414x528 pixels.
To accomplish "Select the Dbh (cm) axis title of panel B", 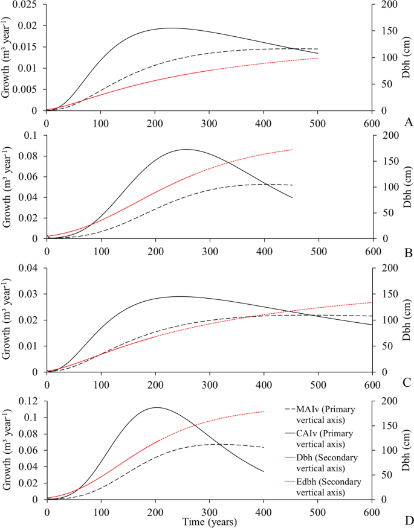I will [403, 187].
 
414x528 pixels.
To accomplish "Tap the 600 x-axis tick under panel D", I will [372, 511].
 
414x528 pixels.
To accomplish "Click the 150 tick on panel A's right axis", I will [390, 31].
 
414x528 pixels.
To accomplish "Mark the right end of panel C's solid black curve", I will [372, 325].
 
